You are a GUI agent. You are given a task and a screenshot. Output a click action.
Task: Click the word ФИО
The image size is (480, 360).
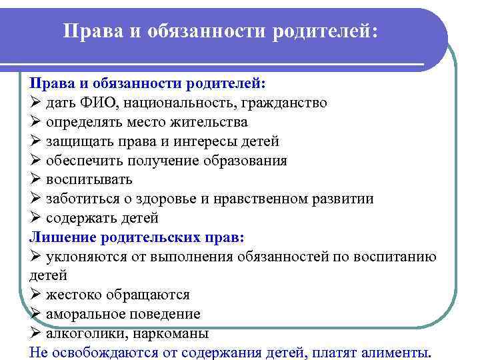tap(97, 103)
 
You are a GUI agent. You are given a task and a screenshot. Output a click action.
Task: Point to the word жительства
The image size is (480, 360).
tap(209, 123)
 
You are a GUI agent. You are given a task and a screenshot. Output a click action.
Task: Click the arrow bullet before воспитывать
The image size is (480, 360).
tap(35, 180)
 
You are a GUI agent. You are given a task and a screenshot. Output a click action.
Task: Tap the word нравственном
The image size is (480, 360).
tap(255, 199)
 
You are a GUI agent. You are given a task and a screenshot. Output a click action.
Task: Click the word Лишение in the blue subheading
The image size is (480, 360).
tap(62, 237)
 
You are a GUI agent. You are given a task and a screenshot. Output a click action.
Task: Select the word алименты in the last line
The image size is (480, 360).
tap(395, 353)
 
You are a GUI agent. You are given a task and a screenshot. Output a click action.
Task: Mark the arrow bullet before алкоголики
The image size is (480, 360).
tap(35, 333)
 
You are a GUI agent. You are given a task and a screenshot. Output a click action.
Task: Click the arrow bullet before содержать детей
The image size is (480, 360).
tap(35, 218)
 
